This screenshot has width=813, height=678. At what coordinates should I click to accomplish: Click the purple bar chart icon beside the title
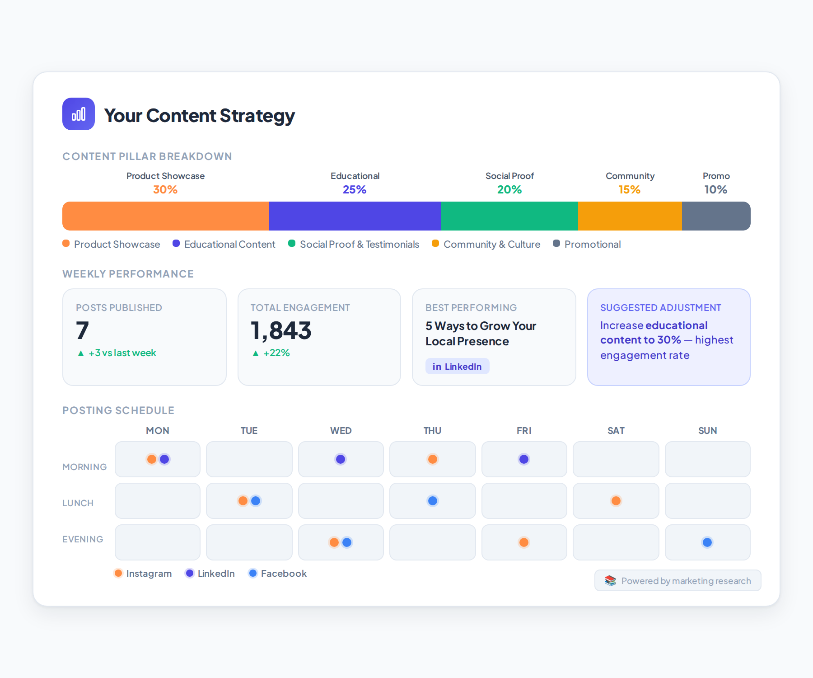79,114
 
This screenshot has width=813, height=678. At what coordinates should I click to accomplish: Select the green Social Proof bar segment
509,216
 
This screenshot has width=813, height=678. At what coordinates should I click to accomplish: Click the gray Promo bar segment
716,216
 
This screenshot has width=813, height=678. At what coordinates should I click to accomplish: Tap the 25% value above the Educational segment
355,189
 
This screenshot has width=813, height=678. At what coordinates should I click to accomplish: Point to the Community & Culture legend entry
486,244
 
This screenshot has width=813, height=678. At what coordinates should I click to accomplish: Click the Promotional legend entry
587,244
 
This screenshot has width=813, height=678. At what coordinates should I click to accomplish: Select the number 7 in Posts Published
82,330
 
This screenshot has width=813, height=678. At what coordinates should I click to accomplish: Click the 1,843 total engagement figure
281,330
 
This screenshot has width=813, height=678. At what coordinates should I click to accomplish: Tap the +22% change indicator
271,353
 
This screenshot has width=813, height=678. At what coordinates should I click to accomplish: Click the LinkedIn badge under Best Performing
457,366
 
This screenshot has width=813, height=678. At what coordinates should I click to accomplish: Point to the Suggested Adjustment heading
660,308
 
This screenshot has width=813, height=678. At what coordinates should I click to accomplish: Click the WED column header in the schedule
341,431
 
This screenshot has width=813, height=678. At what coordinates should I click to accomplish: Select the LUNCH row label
78,503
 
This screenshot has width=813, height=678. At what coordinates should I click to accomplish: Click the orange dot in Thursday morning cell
433,459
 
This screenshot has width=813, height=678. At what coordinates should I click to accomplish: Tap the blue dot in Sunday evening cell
707,542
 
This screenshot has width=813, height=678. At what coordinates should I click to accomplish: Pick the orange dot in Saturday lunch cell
616,501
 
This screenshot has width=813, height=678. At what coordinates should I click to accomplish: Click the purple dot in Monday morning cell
164,459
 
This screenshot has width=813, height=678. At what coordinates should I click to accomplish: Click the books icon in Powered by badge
610,581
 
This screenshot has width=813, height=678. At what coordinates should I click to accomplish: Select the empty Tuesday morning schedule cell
249,459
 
